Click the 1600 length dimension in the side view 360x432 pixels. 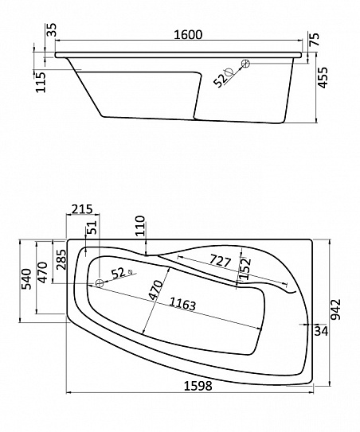pos(188,35)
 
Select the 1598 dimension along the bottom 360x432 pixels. pos(198,386)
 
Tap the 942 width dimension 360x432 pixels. pos(336,309)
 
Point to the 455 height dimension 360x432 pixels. pos(323,77)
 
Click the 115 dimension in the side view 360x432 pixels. pos(40,82)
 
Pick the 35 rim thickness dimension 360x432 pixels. pos(51,29)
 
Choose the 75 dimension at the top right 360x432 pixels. pos(315,39)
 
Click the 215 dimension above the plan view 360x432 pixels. pos(82,209)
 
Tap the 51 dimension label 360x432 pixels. pos(92,228)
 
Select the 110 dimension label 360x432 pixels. pos(139,226)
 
